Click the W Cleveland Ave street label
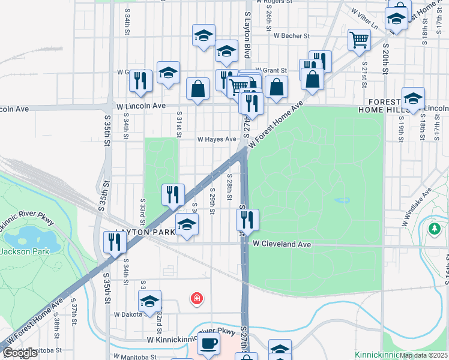coord(282,244)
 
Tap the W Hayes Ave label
coord(217,139)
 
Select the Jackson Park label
coord(24,251)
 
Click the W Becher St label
coord(291,36)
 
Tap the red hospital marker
coord(196,298)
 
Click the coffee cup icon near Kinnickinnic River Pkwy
coord(208,344)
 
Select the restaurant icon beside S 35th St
coord(113,242)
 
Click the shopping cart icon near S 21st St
coord(359,40)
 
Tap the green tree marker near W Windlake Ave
coord(435,229)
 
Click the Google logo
coord(20,353)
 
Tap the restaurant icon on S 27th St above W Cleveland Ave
coord(247,220)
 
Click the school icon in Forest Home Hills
coord(413,98)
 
